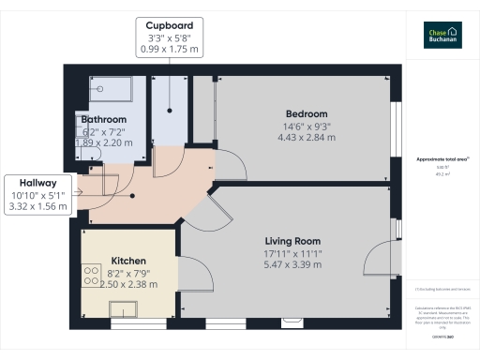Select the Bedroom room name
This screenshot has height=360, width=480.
307,113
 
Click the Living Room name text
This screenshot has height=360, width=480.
293,241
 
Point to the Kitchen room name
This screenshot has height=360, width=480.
128,260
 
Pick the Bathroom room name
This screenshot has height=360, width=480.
103,120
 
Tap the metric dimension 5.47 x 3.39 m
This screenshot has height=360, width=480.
293,264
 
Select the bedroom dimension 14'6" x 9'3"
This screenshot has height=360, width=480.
307,127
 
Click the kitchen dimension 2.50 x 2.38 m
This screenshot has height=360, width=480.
128,283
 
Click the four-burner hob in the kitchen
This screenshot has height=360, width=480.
92,276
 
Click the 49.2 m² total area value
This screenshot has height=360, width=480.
442,173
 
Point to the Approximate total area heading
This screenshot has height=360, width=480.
442,159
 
